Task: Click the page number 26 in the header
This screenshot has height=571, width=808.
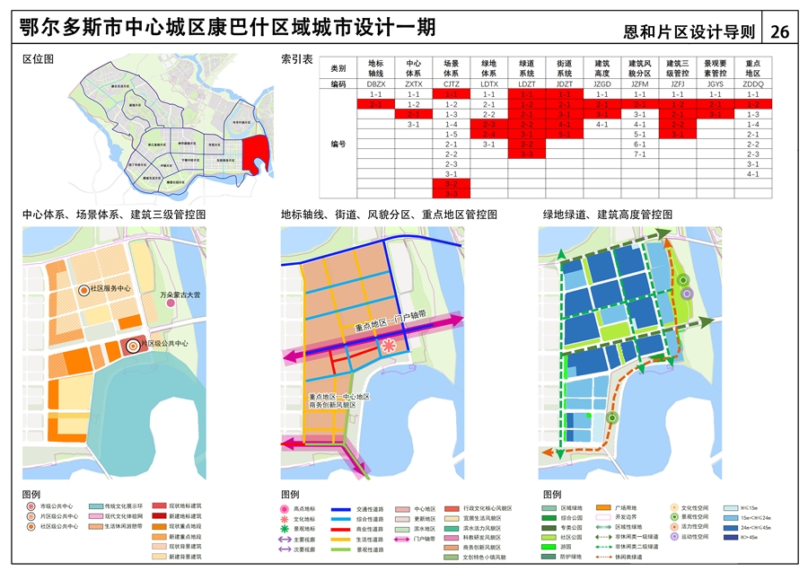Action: click(x=779, y=31)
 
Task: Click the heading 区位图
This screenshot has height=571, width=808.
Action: click(x=38, y=59)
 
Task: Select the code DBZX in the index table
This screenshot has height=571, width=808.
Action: click(x=376, y=83)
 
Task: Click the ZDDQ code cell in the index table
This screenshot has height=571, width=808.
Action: click(x=752, y=83)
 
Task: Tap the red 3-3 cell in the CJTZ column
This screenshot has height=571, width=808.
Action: click(x=452, y=193)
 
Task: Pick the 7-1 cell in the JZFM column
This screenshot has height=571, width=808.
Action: click(x=640, y=154)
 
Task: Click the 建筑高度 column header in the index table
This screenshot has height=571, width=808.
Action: click(x=602, y=68)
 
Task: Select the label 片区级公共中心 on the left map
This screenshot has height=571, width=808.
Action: click(x=164, y=345)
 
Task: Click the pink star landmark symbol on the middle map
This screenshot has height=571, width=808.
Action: click(x=389, y=346)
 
